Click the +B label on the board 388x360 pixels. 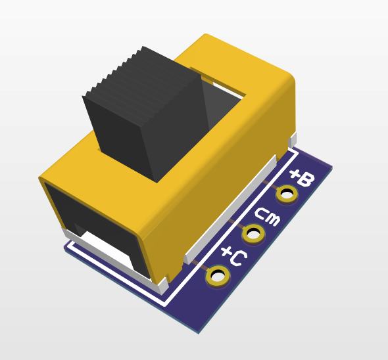302,177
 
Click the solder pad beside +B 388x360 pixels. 287,194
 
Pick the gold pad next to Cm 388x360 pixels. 253,233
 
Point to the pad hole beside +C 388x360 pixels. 218,276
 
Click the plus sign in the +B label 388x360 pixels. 295,174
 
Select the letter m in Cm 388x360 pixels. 272,220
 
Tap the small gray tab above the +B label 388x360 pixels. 293,139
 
